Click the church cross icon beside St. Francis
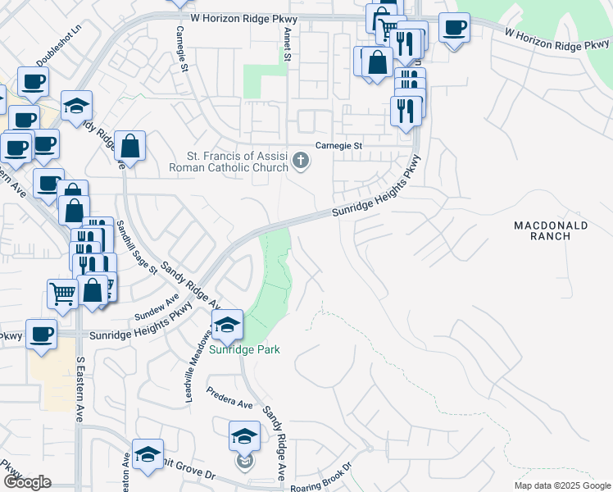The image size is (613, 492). coord(302,161)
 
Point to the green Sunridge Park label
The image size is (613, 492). coord(243,350)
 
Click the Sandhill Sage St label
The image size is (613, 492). coord(135,248)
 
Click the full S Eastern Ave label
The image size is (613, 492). coord(79,387)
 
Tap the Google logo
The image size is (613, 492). coord(26,482)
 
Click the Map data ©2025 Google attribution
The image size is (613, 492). coord(561,485)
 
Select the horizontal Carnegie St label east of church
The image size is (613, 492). coord(339,145)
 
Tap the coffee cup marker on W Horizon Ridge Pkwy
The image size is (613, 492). coord(453,29)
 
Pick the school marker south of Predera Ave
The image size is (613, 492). coord(244,437)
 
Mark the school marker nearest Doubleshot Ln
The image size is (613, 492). coord(76,106)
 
